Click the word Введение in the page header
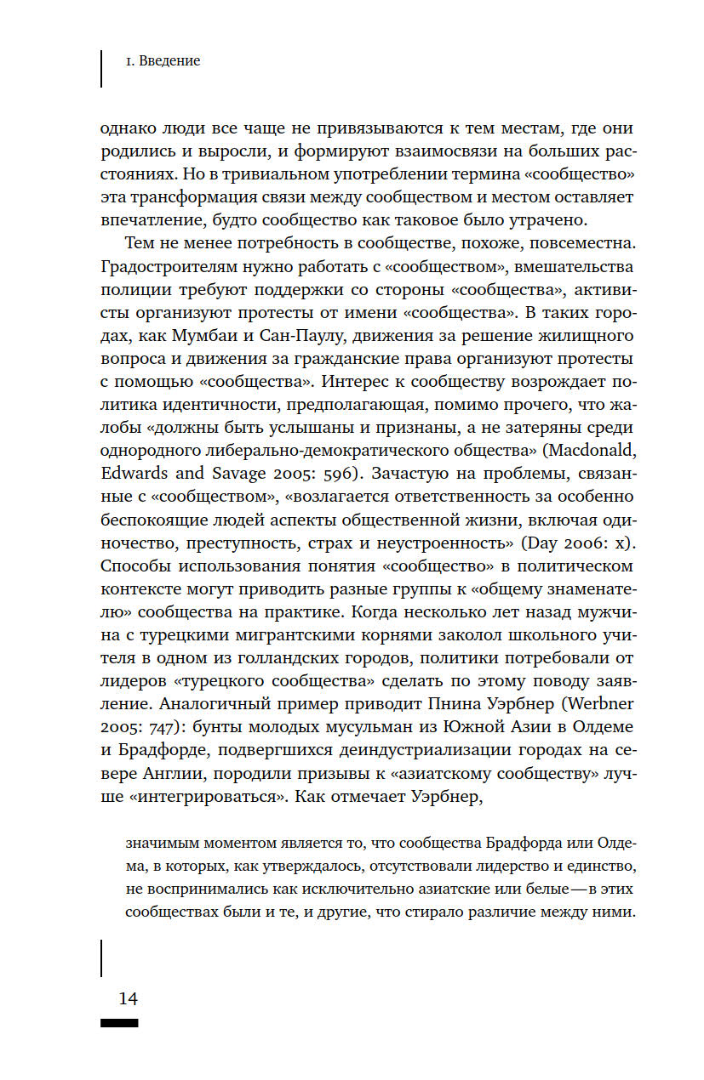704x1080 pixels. pos(169,61)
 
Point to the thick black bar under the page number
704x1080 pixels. pos(119,1022)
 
